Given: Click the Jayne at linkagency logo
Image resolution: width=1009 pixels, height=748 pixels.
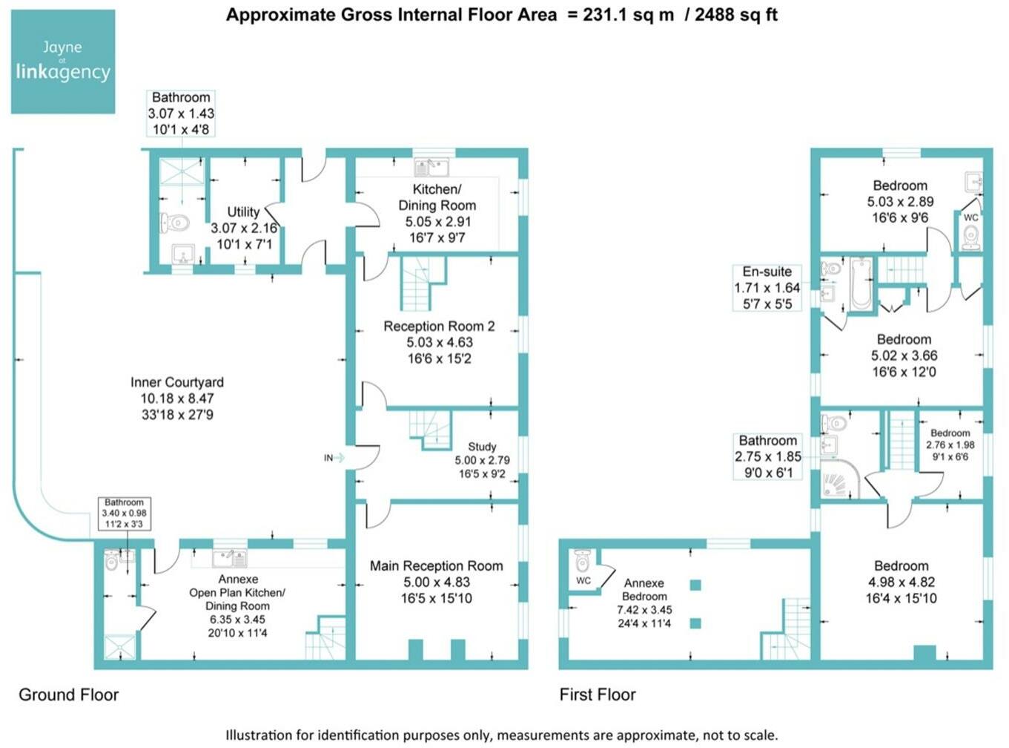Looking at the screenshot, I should pyautogui.click(x=63, y=62).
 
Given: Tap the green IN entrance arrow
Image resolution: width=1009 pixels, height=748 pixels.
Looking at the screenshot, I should pyautogui.click(x=339, y=458).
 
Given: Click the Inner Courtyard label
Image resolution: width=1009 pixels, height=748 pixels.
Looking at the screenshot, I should pyautogui.click(x=177, y=398).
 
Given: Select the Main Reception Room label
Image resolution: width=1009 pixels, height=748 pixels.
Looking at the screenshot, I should pyautogui.click(x=436, y=581).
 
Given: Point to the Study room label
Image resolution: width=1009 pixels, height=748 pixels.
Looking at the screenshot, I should pyautogui.click(x=482, y=459).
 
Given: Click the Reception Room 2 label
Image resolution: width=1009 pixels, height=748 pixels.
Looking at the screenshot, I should pyautogui.click(x=439, y=342).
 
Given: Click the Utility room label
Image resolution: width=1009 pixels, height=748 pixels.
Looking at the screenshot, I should pyautogui.click(x=244, y=227).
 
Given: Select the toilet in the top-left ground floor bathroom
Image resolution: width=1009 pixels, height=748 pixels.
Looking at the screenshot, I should pyautogui.click(x=175, y=222).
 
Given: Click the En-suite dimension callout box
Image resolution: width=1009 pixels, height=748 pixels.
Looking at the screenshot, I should pyautogui.click(x=767, y=288).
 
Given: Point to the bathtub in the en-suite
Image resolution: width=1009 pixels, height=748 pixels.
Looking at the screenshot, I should pyautogui.click(x=861, y=283).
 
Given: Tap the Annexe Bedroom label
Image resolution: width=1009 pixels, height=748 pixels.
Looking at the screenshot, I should pyautogui.click(x=644, y=603).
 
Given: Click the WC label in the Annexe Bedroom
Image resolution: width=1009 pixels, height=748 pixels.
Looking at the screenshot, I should pyautogui.click(x=583, y=580).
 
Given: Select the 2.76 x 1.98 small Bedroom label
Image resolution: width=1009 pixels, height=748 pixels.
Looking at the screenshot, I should pyautogui.click(x=950, y=444).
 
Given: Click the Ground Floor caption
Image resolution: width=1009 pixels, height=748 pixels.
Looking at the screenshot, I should pyautogui.click(x=68, y=695).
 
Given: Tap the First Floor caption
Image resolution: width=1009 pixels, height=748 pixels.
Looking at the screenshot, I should pyautogui.click(x=598, y=695).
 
